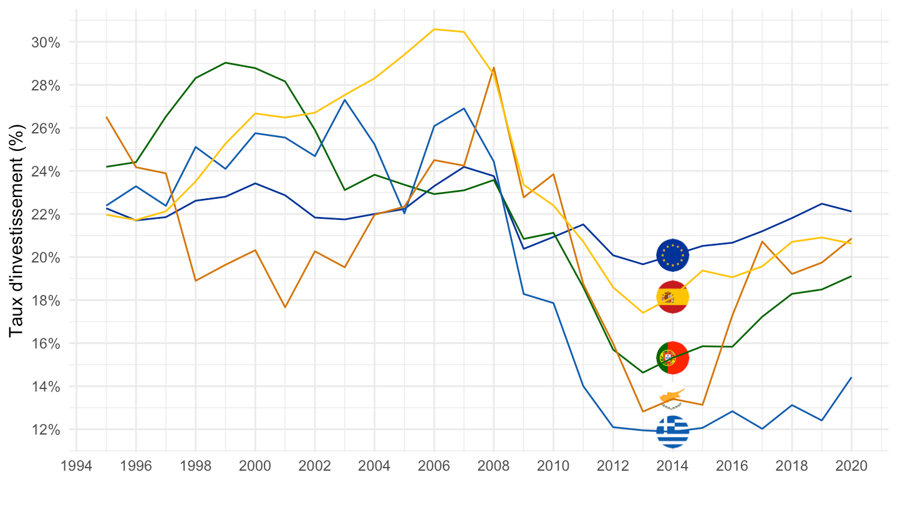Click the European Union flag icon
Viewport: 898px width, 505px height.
coord(672,255)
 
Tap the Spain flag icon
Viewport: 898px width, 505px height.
coord(672,297)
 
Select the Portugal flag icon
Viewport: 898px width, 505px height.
coord(672,357)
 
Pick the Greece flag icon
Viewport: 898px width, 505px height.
coord(672,431)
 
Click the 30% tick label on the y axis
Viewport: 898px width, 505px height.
coord(46,42)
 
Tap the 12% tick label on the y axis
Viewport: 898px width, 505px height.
coord(46,430)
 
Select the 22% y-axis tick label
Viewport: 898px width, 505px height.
coord(46,214)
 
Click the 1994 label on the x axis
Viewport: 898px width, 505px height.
coord(76,467)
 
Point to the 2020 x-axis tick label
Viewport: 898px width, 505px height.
coord(851,467)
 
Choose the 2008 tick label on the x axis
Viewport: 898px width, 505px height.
coord(493,467)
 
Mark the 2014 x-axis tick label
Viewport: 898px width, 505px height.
coord(672,467)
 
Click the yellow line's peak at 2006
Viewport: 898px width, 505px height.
coord(434,29)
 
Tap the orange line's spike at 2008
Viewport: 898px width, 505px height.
coord(494,67)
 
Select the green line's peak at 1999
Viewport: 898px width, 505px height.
coord(225,62)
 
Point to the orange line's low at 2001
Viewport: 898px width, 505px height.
coord(285,307)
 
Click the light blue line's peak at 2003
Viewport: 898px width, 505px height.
coord(345,100)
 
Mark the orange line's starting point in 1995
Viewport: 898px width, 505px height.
coord(106,117)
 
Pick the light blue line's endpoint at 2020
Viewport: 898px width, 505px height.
coord(851,377)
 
